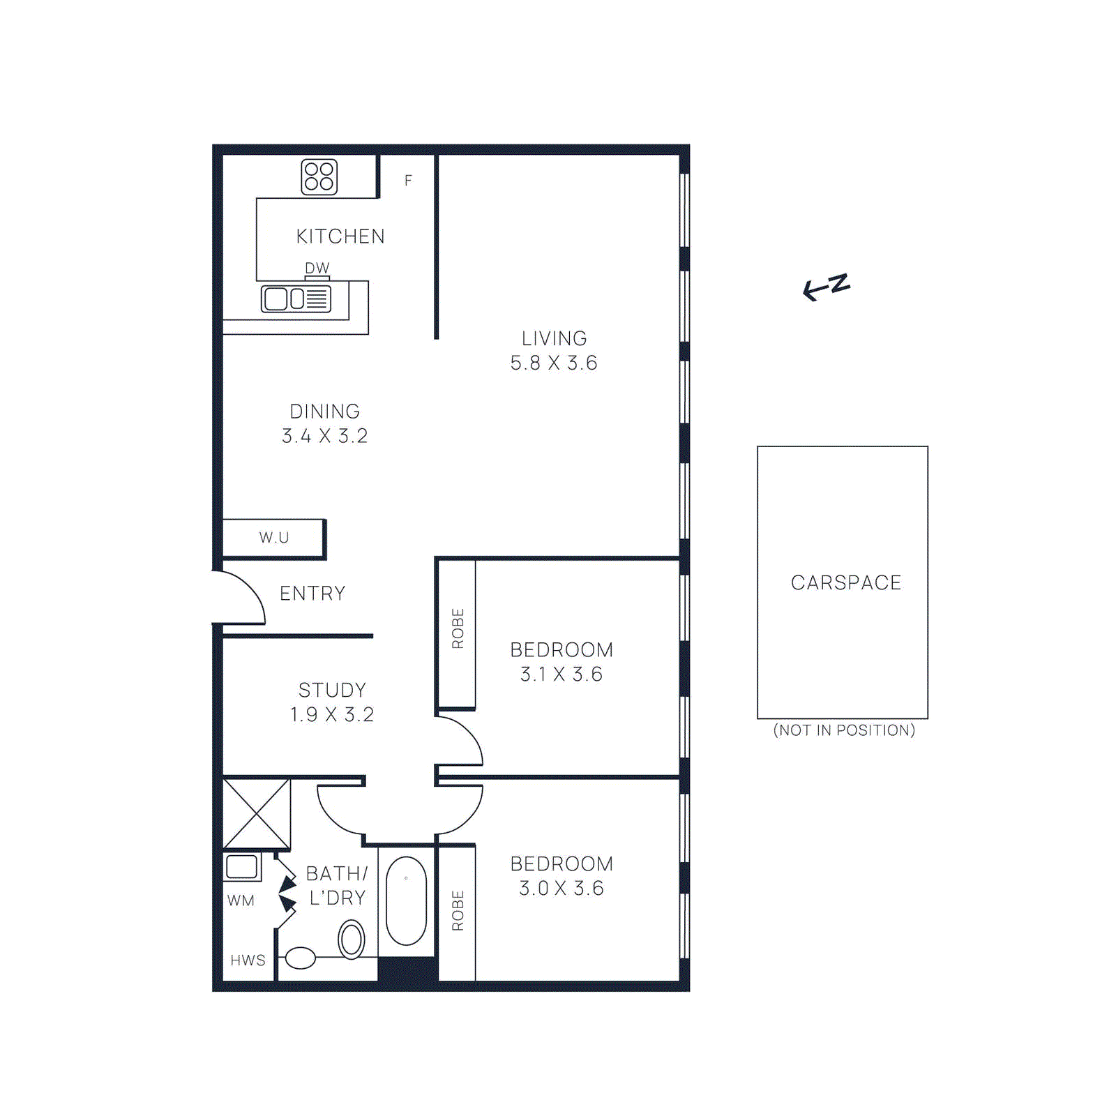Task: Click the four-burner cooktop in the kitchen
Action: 319,176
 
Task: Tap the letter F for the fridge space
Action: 408,181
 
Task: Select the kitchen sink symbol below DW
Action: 296,299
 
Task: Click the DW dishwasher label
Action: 317,268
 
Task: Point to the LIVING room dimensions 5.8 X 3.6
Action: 553,363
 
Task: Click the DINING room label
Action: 324,412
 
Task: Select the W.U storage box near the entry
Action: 273,538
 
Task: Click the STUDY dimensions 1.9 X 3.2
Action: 332,715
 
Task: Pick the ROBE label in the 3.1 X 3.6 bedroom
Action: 458,628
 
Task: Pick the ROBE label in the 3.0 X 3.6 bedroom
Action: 458,910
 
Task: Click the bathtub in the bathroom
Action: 406,900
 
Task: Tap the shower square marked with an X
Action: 256,813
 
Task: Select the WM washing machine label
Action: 241,900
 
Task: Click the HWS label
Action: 248,960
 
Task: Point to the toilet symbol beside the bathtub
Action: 352,939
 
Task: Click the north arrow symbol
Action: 826,287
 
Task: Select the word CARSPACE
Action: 845,582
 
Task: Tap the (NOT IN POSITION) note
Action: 844,730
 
